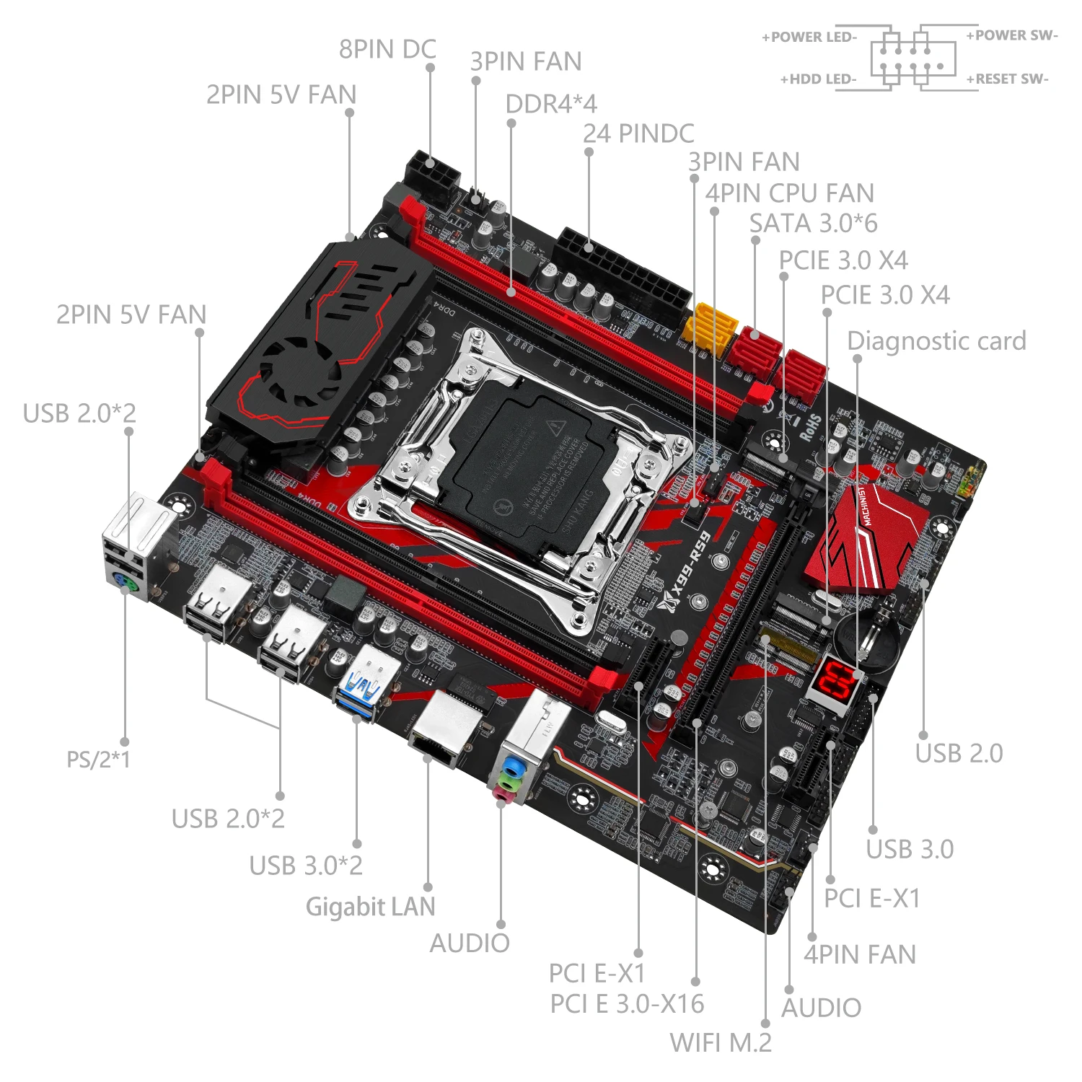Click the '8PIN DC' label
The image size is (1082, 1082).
(387, 49)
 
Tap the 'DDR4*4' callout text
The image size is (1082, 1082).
(551, 104)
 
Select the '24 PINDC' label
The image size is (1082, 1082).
(638, 133)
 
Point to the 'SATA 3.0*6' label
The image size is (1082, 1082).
(813, 224)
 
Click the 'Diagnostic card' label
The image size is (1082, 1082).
(936, 340)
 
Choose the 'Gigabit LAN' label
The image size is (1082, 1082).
(371, 907)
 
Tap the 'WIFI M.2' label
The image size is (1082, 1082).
(721, 1042)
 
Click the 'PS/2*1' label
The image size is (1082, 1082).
(98, 760)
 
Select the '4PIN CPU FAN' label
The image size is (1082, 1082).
(789, 193)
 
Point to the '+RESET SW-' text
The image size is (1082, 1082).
(1007, 79)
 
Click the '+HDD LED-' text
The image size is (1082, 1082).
(818, 79)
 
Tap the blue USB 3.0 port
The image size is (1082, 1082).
(365, 689)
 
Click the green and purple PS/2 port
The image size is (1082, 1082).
(125, 581)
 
